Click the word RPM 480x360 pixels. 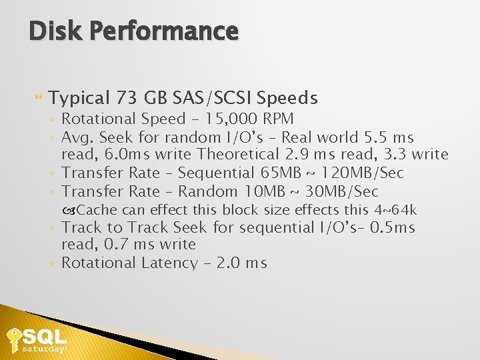[277, 119]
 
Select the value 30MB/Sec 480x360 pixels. [342, 191]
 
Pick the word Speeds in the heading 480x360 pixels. [287, 99]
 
